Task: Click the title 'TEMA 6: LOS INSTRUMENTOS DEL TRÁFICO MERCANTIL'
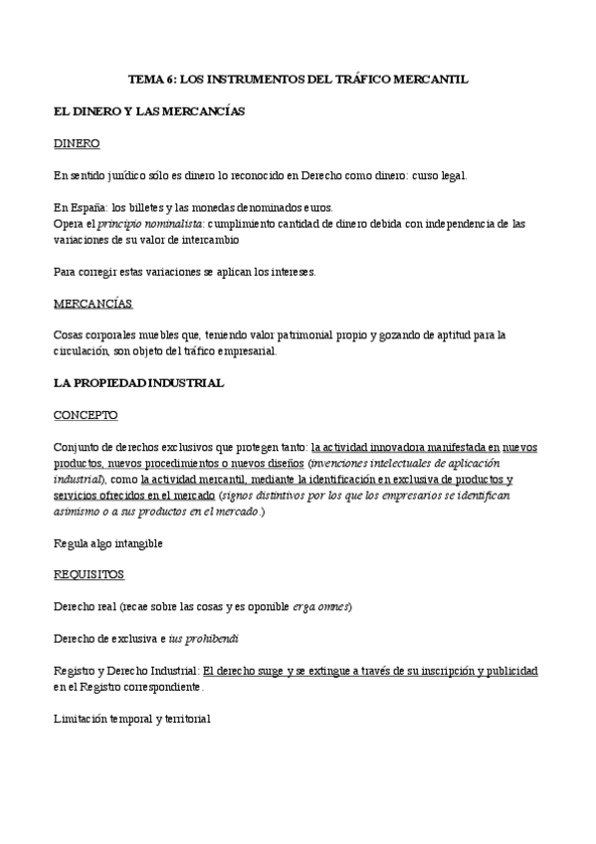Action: pyautogui.click(x=298, y=79)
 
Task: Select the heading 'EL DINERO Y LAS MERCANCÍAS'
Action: pyautogui.click(x=149, y=111)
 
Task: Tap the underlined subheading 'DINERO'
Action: pyautogui.click(x=77, y=143)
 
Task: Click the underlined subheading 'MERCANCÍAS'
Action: pyautogui.click(x=93, y=303)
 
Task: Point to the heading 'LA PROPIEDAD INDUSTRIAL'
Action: pyautogui.click(x=138, y=382)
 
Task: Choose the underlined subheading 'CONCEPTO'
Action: pyautogui.click(x=86, y=414)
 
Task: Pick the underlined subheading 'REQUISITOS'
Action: pyautogui.click(x=90, y=574)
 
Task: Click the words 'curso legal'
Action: pyautogui.click(x=436, y=175)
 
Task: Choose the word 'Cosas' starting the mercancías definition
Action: pyautogui.click(x=70, y=334)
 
